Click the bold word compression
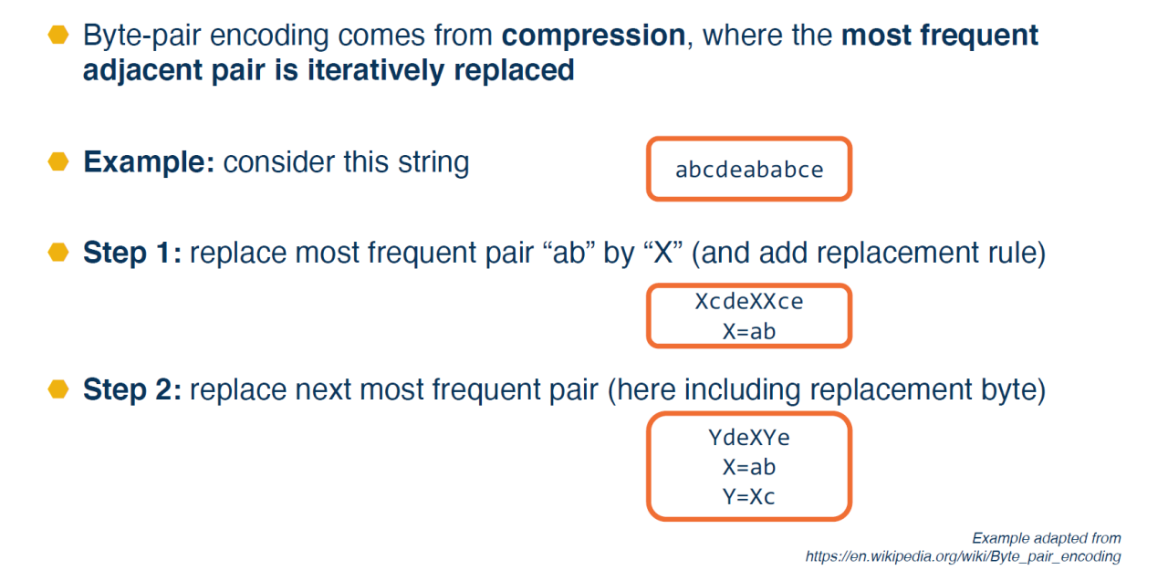pos(593,36)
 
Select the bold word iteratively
pos(375,70)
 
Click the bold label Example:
pos(149,162)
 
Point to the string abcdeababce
pos(749,170)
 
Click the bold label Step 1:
pos(132,253)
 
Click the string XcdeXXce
pos(749,301)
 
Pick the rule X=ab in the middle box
pos(749,331)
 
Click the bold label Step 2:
pos(132,389)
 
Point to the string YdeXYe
pos(749,438)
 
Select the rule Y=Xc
pos(749,496)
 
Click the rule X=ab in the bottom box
pos(749,467)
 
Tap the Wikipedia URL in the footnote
pos(963,556)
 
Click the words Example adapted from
pos(1047,538)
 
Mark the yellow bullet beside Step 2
pos(58,389)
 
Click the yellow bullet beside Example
pos(58,161)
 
